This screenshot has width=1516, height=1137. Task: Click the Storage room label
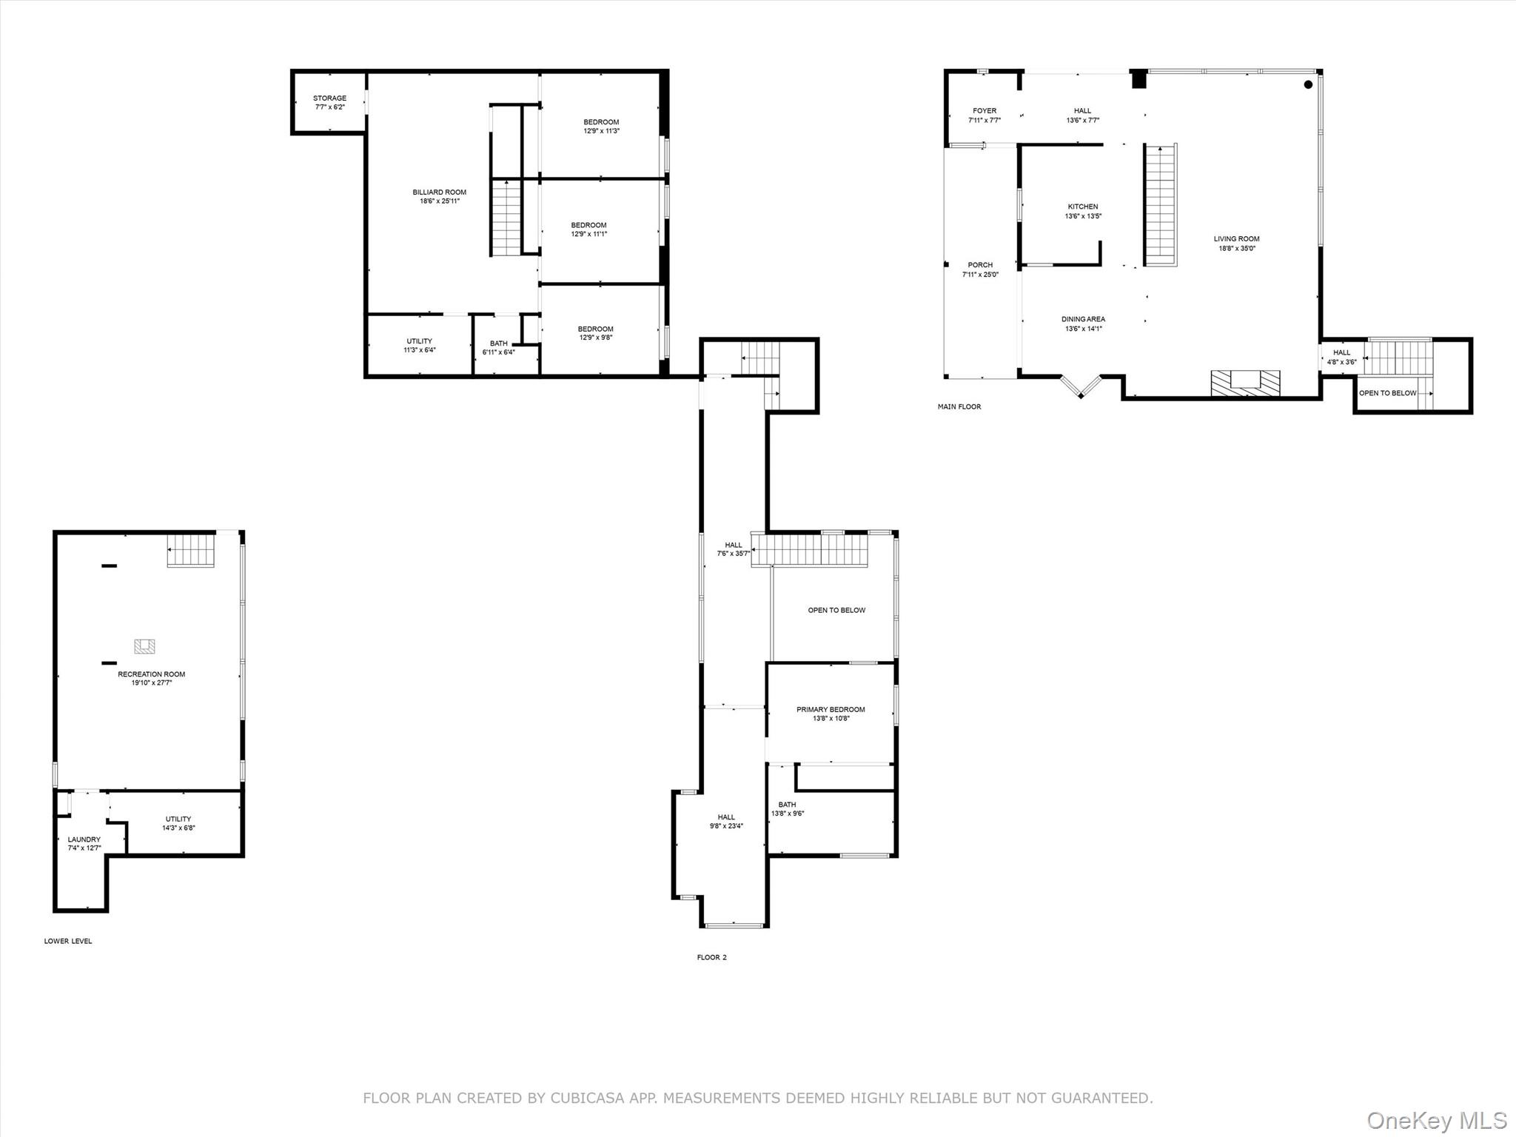pos(329,98)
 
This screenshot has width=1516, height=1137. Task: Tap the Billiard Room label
pos(440,192)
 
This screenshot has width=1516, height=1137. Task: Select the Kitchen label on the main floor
pos(1083,207)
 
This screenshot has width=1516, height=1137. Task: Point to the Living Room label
pos(1237,239)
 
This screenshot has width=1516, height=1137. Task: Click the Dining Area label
pos(1083,319)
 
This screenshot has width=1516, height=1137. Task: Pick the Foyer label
pos(985,111)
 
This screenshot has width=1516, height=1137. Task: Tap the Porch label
pos(980,265)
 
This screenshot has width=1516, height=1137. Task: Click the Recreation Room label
pos(152,674)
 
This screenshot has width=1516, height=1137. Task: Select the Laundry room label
pos(84,839)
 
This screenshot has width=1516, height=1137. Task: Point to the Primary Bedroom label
pos(831,709)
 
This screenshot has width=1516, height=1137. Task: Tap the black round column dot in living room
pos(1308,84)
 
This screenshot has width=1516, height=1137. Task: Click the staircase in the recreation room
pos(191,551)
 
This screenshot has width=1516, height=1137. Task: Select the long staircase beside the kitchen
pos(1161,205)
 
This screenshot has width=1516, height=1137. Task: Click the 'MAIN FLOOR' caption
pos(959,406)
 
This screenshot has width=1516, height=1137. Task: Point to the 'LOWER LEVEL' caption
pos(68,941)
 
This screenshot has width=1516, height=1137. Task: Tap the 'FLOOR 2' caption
pos(712,957)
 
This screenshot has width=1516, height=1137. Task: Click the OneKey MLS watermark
pos(1437,1120)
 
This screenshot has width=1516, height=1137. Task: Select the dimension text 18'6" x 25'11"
pos(440,201)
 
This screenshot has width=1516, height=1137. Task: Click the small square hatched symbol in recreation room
pos(144,646)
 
